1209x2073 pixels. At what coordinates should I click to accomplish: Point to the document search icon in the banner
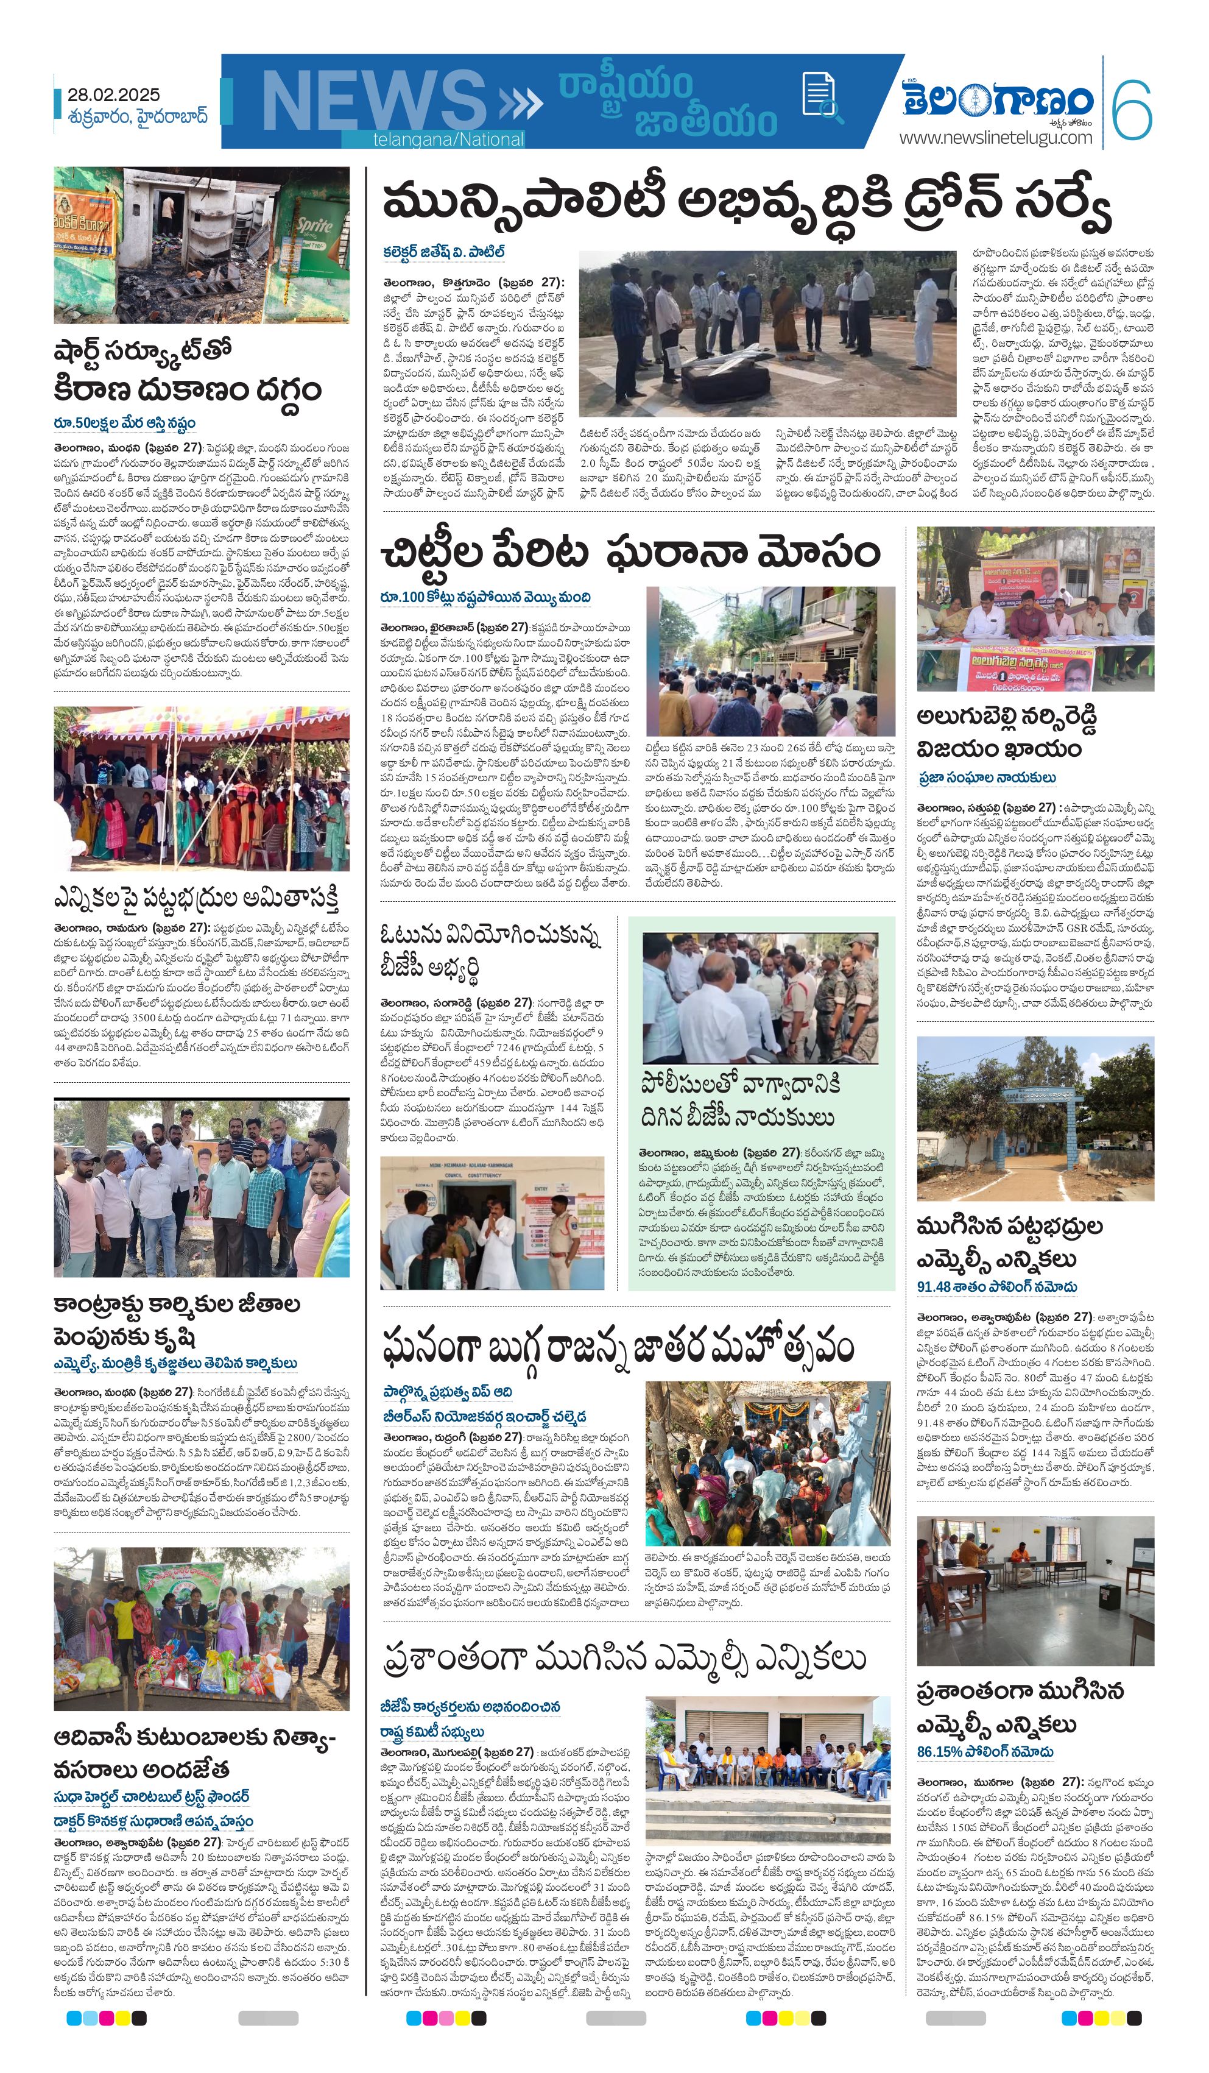pyautogui.click(x=822, y=99)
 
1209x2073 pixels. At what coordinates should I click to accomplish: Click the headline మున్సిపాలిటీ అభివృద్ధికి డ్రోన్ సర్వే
pyautogui.click(x=746, y=206)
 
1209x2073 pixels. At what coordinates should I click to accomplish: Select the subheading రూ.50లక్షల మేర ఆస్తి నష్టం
pyautogui.click(x=124, y=423)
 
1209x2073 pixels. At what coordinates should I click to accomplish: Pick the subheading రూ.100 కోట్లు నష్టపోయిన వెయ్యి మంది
pyautogui.click(x=485, y=597)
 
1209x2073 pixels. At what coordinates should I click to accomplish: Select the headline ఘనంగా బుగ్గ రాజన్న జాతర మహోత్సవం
pyautogui.click(x=618, y=1347)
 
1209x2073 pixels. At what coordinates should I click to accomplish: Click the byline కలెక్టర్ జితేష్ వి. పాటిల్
pyautogui.click(x=443, y=252)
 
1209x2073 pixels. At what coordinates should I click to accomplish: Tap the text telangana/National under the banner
pyautogui.click(x=448, y=140)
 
